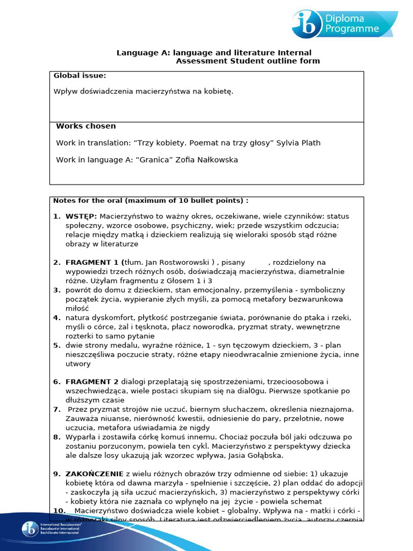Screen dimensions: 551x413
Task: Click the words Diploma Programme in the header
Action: pos(352,24)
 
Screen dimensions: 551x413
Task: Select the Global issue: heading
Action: pos(80,76)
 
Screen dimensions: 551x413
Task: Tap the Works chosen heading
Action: pos(86,126)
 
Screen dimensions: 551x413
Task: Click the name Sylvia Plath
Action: pos(300,143)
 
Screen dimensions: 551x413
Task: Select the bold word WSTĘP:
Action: pos(81,216)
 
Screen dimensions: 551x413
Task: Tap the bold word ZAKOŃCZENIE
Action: pos(94,474)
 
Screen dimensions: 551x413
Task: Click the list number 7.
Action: pos(56,409)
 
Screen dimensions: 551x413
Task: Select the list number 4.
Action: pos(56,318)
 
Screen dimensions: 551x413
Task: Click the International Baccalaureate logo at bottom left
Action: pos(31,529)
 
